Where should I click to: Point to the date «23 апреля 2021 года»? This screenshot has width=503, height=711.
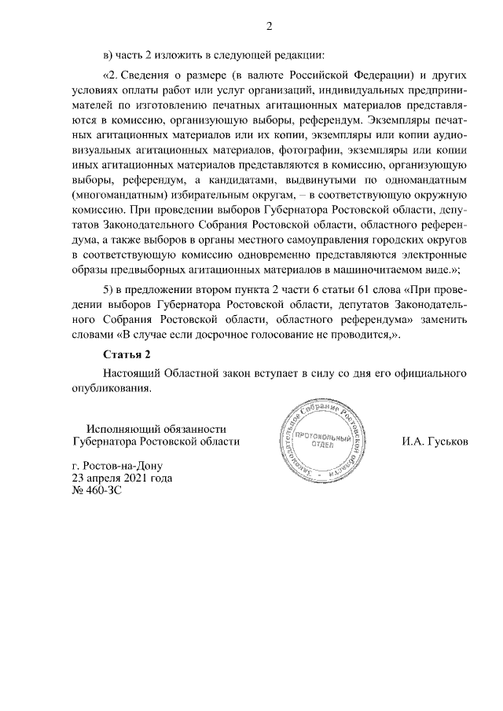[x=121, y=478]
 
